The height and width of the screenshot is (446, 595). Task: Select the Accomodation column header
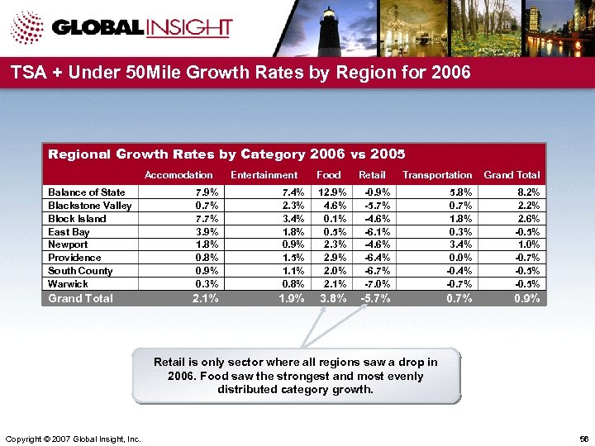[x=178, y=175]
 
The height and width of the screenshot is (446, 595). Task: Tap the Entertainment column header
[x=264, y=175]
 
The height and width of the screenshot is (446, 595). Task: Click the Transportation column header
[x=437, y=175]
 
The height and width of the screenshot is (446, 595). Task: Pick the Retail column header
[x=372, y=175]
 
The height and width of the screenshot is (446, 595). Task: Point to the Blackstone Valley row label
[x=89, y=206]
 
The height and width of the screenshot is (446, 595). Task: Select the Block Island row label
[x=77, y=219]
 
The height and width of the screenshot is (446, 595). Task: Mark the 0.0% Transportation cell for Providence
[x=461, y=258]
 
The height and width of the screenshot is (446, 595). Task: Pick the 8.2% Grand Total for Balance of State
[x=528, y=192]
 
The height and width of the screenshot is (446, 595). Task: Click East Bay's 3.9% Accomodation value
[x=207, y=232]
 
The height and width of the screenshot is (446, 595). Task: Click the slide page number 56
[x=584, y=438]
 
